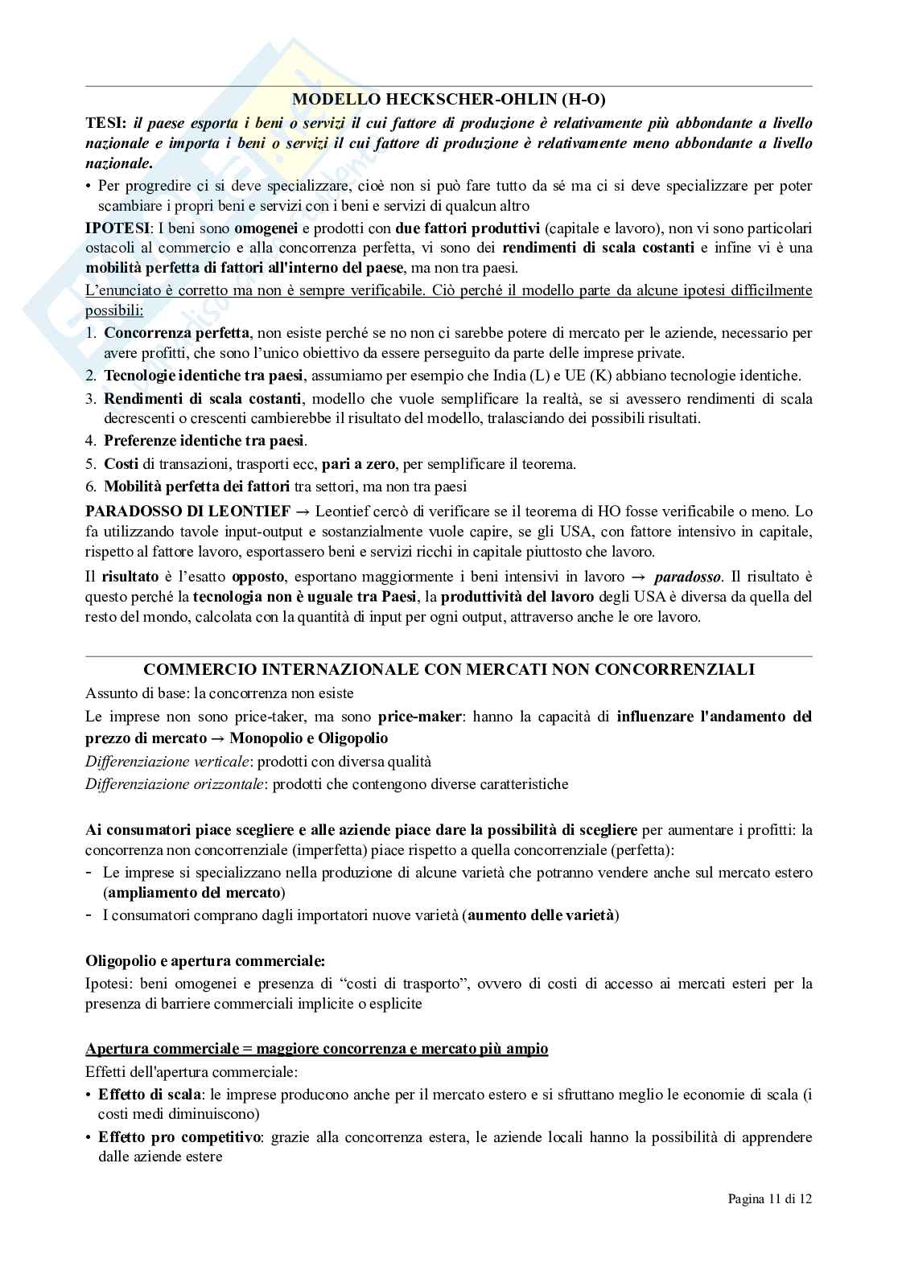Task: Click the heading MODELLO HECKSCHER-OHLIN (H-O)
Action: click(448, 100)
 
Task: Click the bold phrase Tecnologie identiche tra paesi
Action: click(204, 375)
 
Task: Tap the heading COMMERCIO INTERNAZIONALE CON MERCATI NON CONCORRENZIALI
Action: click(448, 669)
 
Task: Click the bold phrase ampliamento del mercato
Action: click(194, 892)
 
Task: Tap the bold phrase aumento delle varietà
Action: click(541, 914)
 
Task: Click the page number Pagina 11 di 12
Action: click(769, 1221)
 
